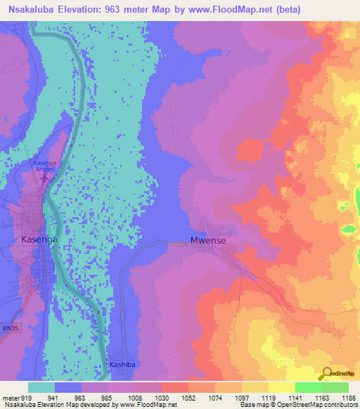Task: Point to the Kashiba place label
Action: tap(124, 365)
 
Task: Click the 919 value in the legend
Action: tap(27, 397)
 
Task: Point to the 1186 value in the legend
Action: tap(348, 397)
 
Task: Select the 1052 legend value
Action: tap(188, 397)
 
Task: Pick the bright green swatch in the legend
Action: tap(308, 387)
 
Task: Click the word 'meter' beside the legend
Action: tap(10, 397)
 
